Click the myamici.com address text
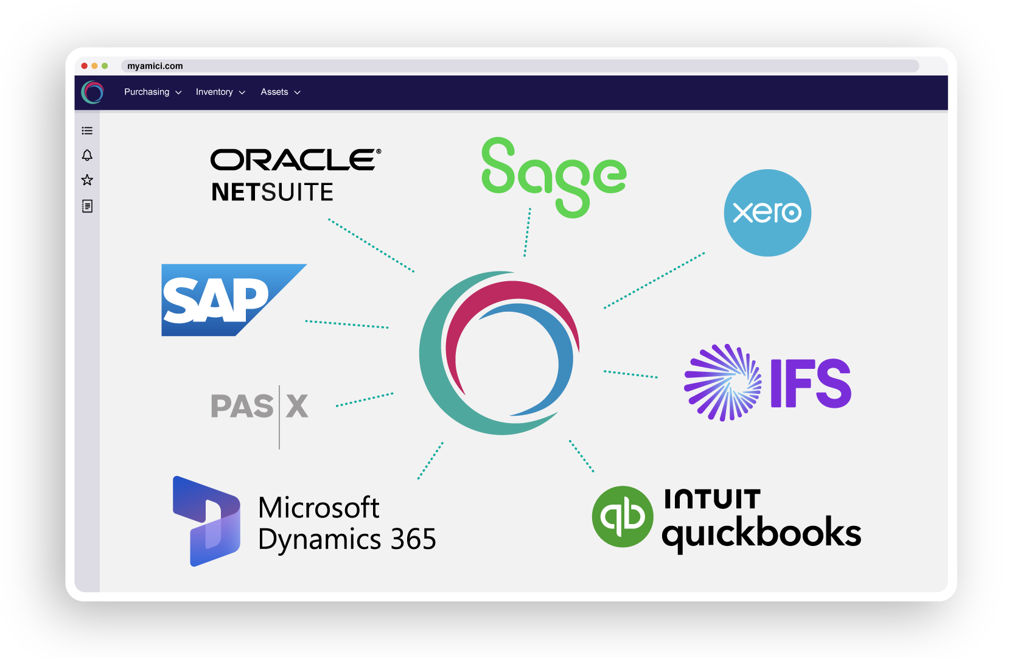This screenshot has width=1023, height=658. (x=155, y=66)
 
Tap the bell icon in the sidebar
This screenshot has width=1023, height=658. (x=87, y=155)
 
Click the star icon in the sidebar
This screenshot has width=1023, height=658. (x=87, y=180)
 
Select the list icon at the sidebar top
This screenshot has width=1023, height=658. (x=87, y=131)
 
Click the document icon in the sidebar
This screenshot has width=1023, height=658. (x=87, y=206)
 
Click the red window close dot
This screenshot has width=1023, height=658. (x=84, y=66)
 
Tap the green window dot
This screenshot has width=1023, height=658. (x=105, y=66)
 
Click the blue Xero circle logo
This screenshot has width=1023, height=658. (x=767, y=212)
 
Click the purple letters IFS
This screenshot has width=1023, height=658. (x=811, y=383)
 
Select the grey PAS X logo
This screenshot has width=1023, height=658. (x=260, y=407)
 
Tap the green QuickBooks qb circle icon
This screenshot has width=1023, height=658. (x=622, y=516)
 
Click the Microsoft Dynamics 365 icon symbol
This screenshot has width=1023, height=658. (x=206, y=521)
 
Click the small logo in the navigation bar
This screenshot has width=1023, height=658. (x=93, y=93)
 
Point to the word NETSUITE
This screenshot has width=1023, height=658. (x=272, y=192)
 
